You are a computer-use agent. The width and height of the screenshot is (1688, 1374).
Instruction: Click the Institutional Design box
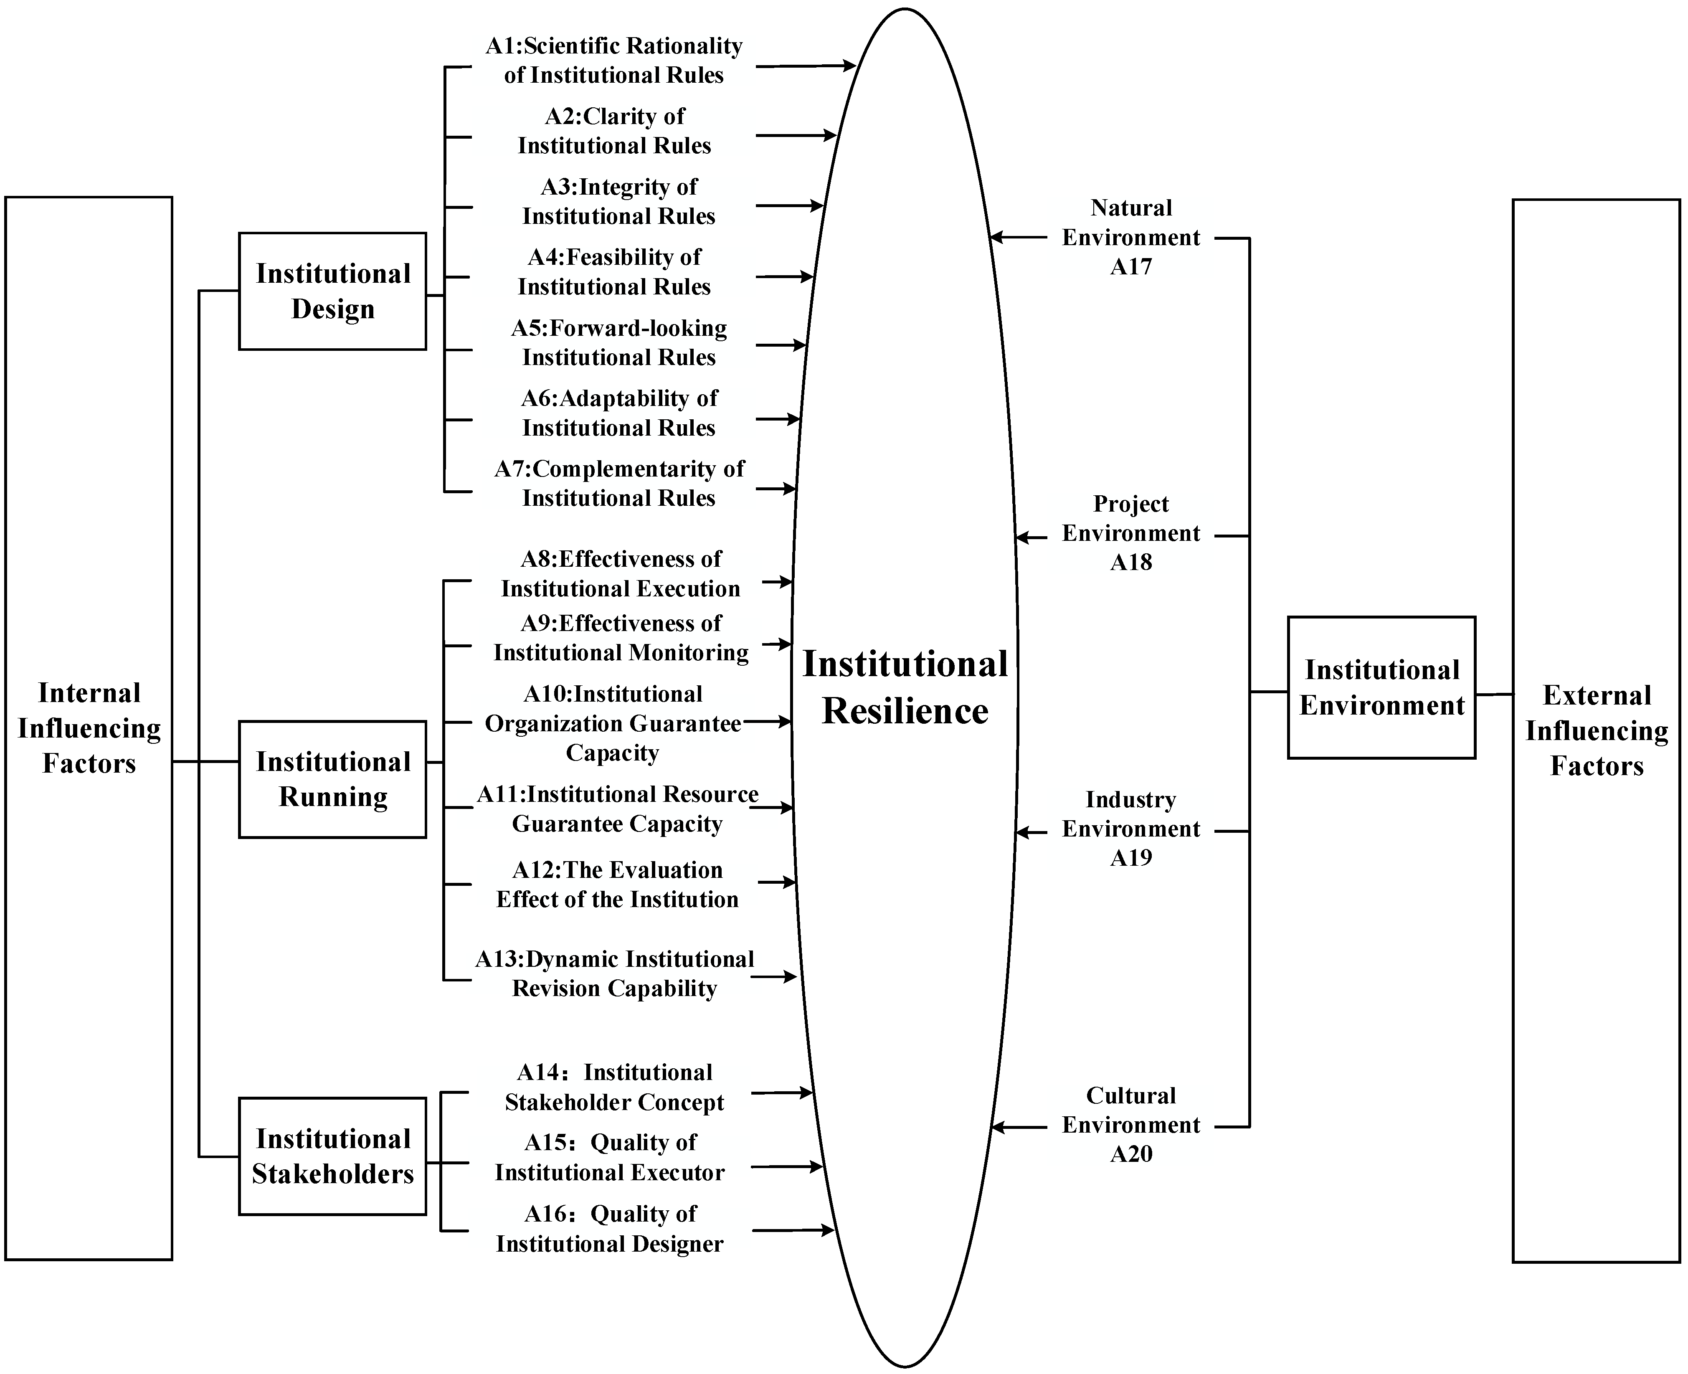tap(332, 291)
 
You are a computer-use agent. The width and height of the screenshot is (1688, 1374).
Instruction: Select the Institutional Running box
tap(332, 779)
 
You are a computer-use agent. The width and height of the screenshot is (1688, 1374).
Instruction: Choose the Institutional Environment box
tap(1381, 687)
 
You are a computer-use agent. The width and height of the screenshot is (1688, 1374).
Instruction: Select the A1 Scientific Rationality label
tap(614, 60)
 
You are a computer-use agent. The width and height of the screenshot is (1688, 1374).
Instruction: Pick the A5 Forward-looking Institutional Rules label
tap(619, 343)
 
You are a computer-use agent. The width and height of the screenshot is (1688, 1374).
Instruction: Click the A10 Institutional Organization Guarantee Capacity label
tap(613, 722)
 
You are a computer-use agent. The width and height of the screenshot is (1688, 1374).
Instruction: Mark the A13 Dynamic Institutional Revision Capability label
tap(615, 973)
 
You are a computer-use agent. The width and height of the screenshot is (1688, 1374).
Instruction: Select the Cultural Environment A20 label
tap(1131, 1125)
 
